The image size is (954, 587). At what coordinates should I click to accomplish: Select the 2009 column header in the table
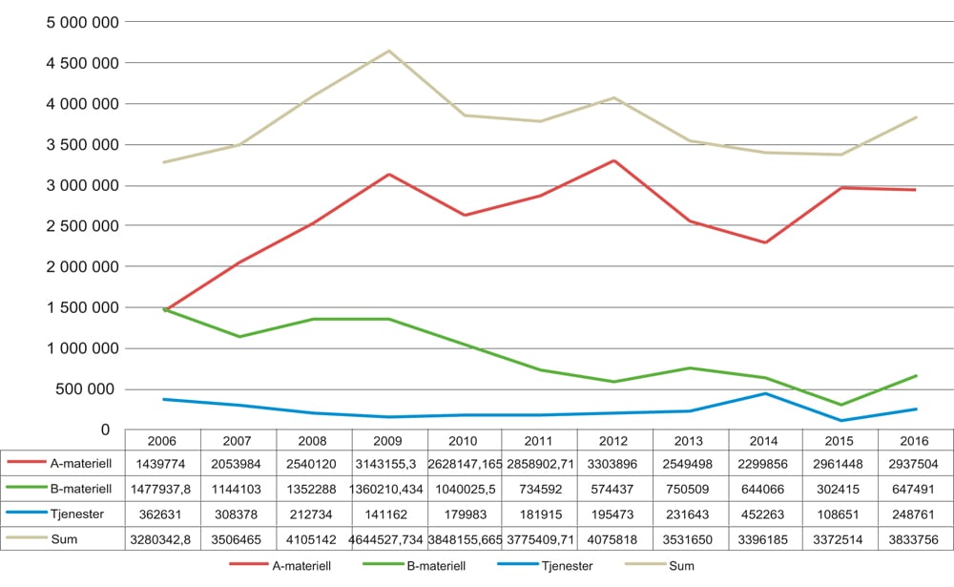click(388, 440)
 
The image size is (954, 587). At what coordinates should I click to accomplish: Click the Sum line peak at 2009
click(388, 51)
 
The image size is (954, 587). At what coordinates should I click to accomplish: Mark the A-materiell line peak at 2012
click(614, 160)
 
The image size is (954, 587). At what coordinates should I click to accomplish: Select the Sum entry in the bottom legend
click(680, 566)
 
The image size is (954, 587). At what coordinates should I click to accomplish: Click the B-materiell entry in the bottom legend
click(437, 566)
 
